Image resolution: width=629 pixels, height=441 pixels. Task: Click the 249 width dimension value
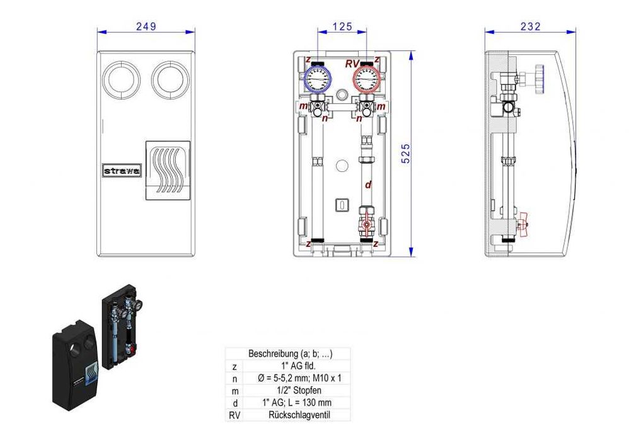coord(146,26)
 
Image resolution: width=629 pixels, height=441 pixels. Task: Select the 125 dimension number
coord(342,26)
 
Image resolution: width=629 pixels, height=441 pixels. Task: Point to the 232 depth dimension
coord(531,26)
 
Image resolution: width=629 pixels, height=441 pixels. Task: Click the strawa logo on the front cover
coord(122,170)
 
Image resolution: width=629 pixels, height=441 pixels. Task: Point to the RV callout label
coord(353,63)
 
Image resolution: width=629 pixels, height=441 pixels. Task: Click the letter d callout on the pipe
coord(368,185)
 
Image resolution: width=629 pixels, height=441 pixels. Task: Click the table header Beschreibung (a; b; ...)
coord(290,354)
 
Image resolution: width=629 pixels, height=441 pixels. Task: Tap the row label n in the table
coord(234,379)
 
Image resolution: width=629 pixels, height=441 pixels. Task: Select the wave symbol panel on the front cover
coord(168,170)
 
